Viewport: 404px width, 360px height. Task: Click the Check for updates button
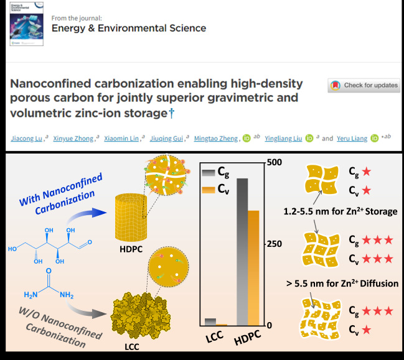point(364,85)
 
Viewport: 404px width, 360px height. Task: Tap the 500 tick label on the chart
point(274,162)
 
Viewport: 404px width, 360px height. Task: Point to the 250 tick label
point(274,244)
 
